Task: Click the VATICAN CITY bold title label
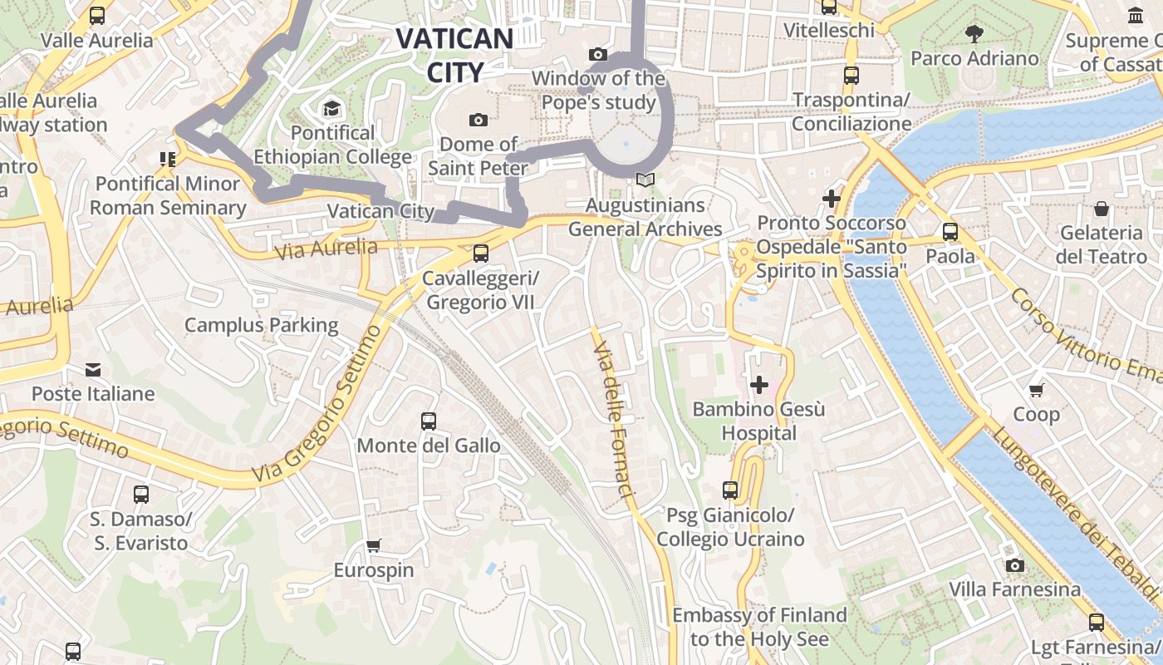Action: pyautogui.click(x=454, y=55)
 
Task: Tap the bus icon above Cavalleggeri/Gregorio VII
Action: pyautogui.click(x=480, y=254)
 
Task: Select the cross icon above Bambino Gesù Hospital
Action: pyautogui.click(x=758, y=385)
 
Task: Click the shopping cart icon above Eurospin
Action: pyautogui.click(x=373, y=546)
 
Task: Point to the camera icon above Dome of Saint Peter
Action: pyautogui.click(x=478, y=120)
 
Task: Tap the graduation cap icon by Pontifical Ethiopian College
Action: pyautogui.click(x=331, y=109)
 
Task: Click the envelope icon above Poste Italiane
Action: pyautogui.click(x=92, y=369)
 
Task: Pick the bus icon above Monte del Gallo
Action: pyautogui.click(x=428, y=421)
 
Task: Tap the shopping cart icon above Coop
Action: pyautogui.click(x=1036, y=389)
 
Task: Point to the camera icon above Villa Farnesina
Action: pyautogui.click(x=1014, y=566)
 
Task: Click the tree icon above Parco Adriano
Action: pyautogui.click(x=974, y=34)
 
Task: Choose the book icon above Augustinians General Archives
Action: pyautogui.click(x=645, y=180)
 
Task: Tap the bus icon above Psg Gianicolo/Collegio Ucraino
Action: pyautogui.click(x=730, y=490)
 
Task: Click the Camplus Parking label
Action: pyautogui.click(x=261, y=325)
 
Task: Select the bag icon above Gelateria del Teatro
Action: pyautogui.click(x=1102, y=208)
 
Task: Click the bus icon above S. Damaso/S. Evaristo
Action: pyautogui.click(x=141, y=495)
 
